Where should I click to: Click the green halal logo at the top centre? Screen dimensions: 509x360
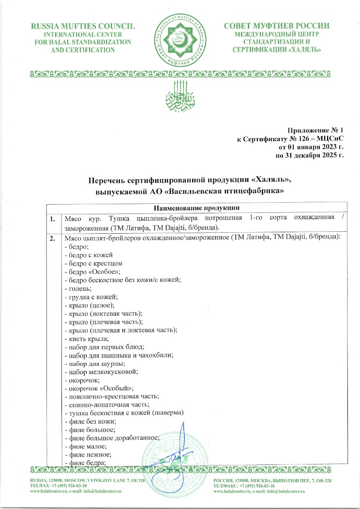(180, 36)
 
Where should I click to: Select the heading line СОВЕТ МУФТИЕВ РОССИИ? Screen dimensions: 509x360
(277, 26)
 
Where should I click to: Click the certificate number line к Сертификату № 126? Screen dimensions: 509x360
(290, 139)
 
